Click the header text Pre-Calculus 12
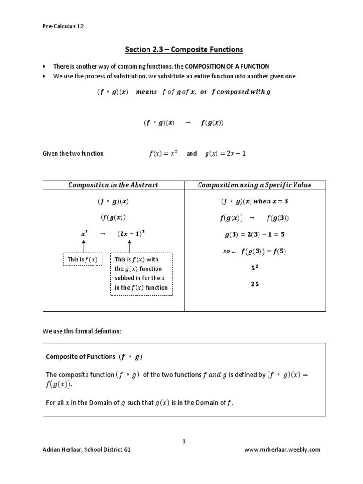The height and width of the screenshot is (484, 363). (63, 26)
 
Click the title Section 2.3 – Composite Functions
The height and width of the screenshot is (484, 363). (184, 49)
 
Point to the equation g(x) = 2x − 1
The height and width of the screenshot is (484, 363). (226, 154)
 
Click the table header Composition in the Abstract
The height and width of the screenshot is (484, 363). (113, 185)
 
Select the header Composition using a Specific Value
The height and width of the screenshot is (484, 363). (255, 185)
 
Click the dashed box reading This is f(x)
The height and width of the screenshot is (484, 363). (83, 259)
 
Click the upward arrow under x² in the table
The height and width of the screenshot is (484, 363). (83, 245)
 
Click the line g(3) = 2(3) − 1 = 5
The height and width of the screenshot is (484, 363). (254, 234)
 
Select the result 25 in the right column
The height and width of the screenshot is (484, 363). (255, 285)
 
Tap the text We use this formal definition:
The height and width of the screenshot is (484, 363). (82, 331)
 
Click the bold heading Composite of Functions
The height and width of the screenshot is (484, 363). (80, 357)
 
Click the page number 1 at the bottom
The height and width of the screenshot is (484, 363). (184, 441)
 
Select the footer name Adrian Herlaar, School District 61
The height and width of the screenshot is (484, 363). (86, 450)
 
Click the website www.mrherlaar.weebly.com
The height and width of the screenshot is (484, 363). (282, 450)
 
